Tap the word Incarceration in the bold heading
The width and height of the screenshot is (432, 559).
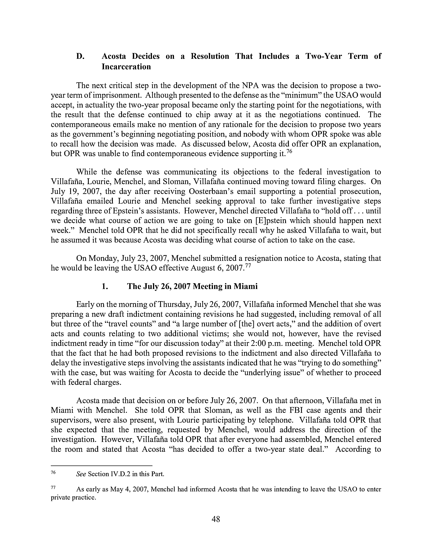click(126, 67)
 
